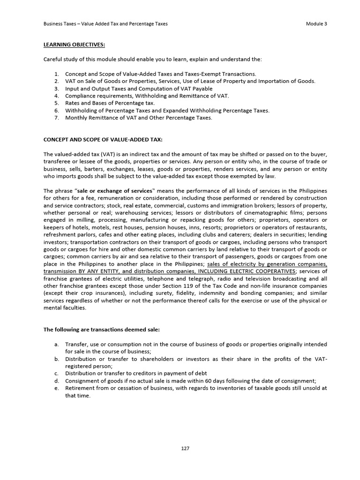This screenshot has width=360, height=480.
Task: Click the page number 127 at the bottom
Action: pos(185,448)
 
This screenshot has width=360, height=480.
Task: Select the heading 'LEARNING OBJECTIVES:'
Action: pos(74,45)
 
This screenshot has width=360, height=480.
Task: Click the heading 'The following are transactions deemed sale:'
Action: pos(102,330)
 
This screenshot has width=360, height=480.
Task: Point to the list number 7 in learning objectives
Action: pos(56,118)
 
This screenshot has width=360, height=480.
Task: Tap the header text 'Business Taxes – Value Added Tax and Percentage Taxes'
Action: pos(105,24)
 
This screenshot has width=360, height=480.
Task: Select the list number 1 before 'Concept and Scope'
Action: pos(56,74)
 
